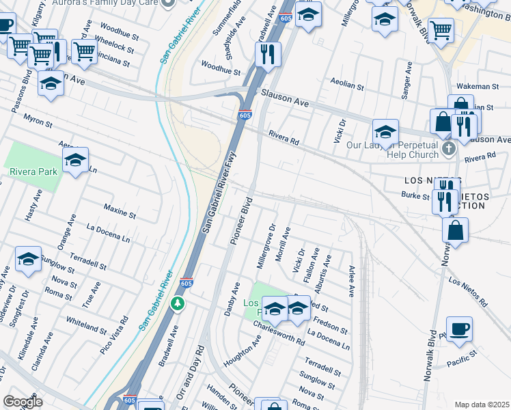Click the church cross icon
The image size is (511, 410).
(x=448, y=148)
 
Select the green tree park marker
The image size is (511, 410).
(x=178, y=303)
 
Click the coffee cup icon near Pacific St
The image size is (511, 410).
(x=459, y=329)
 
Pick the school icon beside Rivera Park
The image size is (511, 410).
(x=75, y=161)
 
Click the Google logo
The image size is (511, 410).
(x=23, y=402)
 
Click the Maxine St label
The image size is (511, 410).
(x=120, y=210)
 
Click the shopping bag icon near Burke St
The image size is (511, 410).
(x=455, y=231)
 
